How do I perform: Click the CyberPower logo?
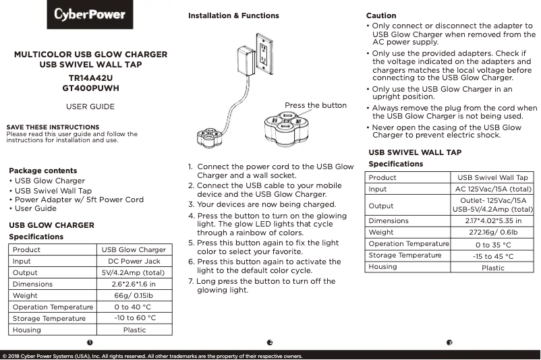click(x=90, y=15)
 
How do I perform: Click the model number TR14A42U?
click(x=90, y=78)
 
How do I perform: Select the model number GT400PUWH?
click(x=90, y=88)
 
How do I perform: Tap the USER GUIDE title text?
click(x=90, y=107)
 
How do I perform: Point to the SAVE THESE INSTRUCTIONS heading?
click(x=53, y=127)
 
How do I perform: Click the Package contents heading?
click(x=42, y=171)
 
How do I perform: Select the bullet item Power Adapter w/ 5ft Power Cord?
click(x=79, y=200)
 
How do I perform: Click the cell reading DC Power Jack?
click(x=134, y=261)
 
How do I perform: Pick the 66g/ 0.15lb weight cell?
click(x=134, y=295)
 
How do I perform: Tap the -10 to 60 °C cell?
click(x=134, y=318)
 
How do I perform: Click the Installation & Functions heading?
click(x=233, y=16)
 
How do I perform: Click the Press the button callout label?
click(x=315, y=105)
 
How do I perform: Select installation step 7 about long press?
click(x=264, y=286)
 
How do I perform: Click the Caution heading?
click(x=381, y=16)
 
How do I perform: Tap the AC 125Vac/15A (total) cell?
click(x=492, y=189)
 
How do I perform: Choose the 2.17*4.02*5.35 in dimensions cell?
click(x=492, y=220)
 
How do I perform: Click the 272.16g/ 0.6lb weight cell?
click(x=492, y=233)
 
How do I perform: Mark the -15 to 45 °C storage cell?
click(x=492, y=256)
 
